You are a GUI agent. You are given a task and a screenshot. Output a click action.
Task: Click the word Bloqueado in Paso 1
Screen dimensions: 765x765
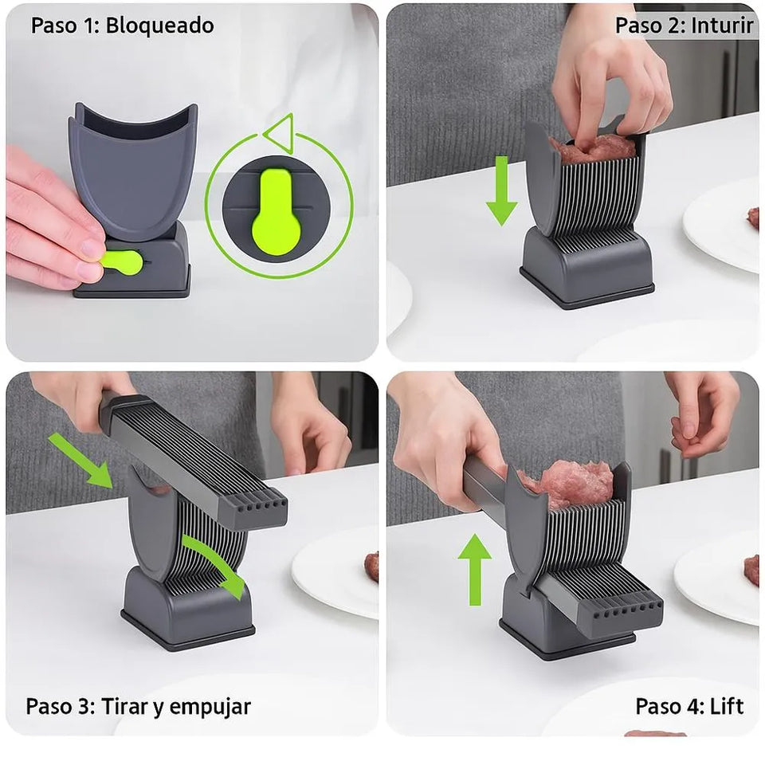(160, 25)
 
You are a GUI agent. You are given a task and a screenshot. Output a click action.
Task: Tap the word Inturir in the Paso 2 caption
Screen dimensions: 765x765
(722, 25)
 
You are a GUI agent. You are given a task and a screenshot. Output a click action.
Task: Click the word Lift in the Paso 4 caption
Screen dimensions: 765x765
(727, 706)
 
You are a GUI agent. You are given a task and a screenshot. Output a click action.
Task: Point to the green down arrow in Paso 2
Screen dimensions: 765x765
(501, 191)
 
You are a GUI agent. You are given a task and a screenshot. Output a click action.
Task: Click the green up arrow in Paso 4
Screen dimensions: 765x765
(475, 569)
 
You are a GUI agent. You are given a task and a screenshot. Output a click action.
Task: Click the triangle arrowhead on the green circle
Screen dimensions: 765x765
(280, 131)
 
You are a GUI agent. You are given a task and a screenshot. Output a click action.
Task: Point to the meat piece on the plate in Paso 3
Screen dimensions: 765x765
(371, 567)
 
